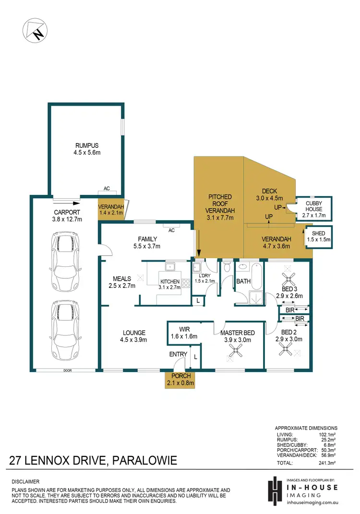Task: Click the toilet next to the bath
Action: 227,266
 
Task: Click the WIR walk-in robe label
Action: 183,333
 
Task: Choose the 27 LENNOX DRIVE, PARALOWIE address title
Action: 93,461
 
